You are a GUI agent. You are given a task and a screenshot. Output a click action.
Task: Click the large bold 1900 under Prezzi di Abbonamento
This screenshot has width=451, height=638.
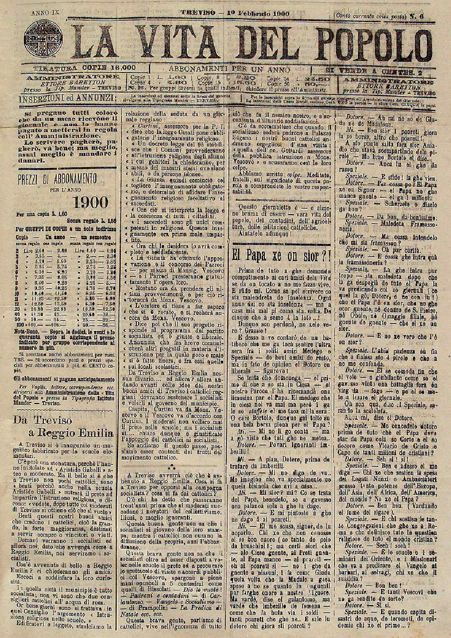[91, 201]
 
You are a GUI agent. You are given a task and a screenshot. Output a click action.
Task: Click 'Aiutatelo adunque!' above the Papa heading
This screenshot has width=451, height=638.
[266, 233]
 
